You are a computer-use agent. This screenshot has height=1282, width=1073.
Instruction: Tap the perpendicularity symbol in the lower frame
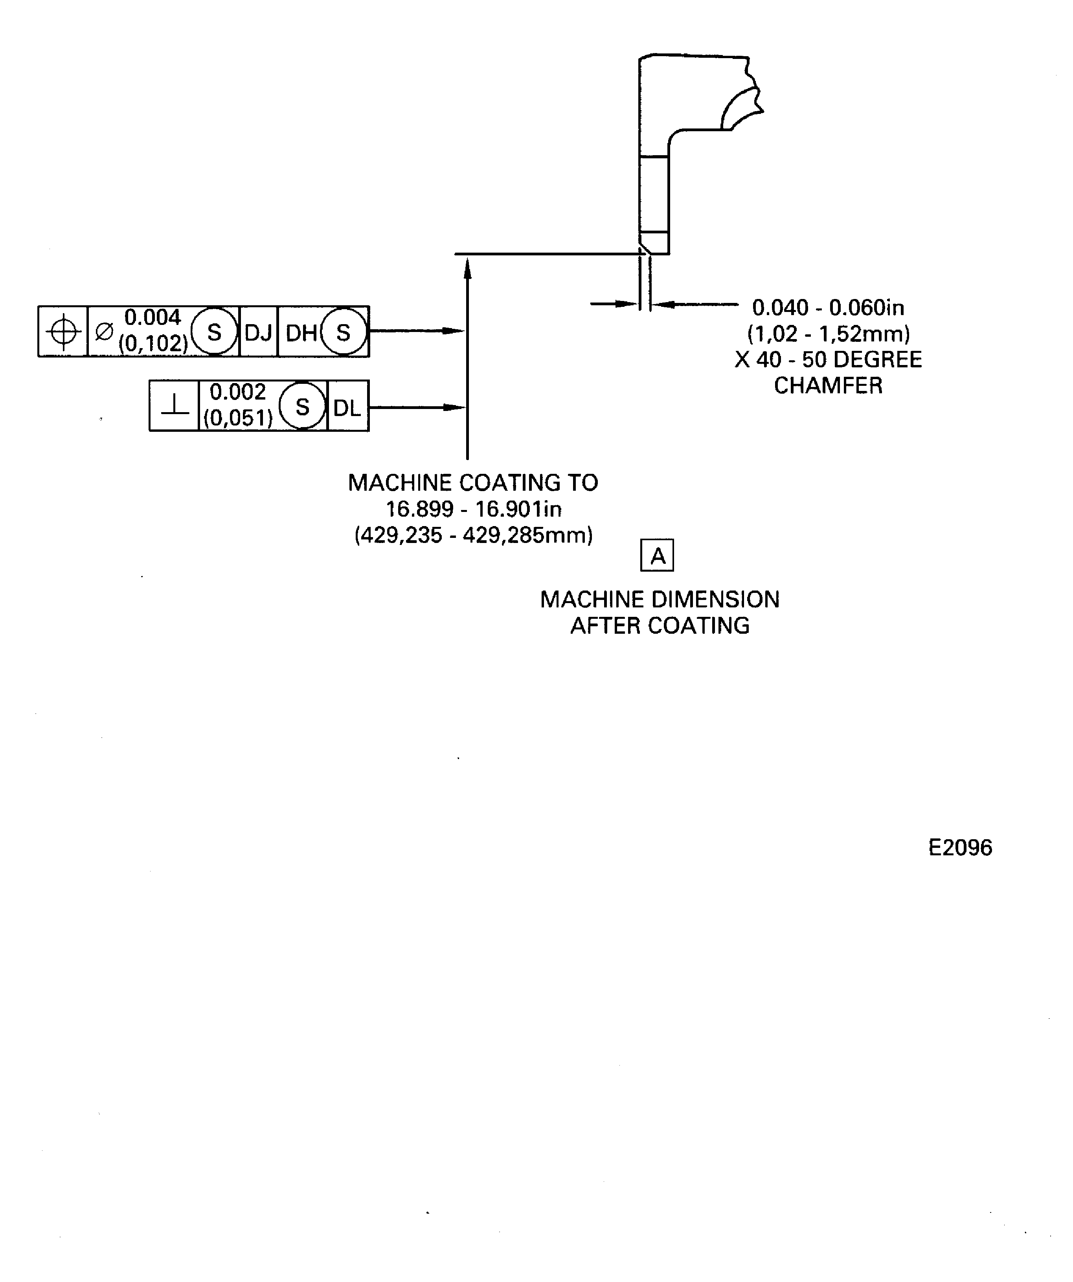[175, 406]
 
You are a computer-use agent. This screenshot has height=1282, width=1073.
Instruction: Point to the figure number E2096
[960, 847]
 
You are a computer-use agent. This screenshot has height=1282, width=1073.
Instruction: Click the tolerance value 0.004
[152, 317]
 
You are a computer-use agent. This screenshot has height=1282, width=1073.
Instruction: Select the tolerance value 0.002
[237, 391]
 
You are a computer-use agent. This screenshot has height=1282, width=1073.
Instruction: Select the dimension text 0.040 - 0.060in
[828, 308]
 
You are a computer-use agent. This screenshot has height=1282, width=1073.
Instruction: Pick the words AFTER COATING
[660, 626]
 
